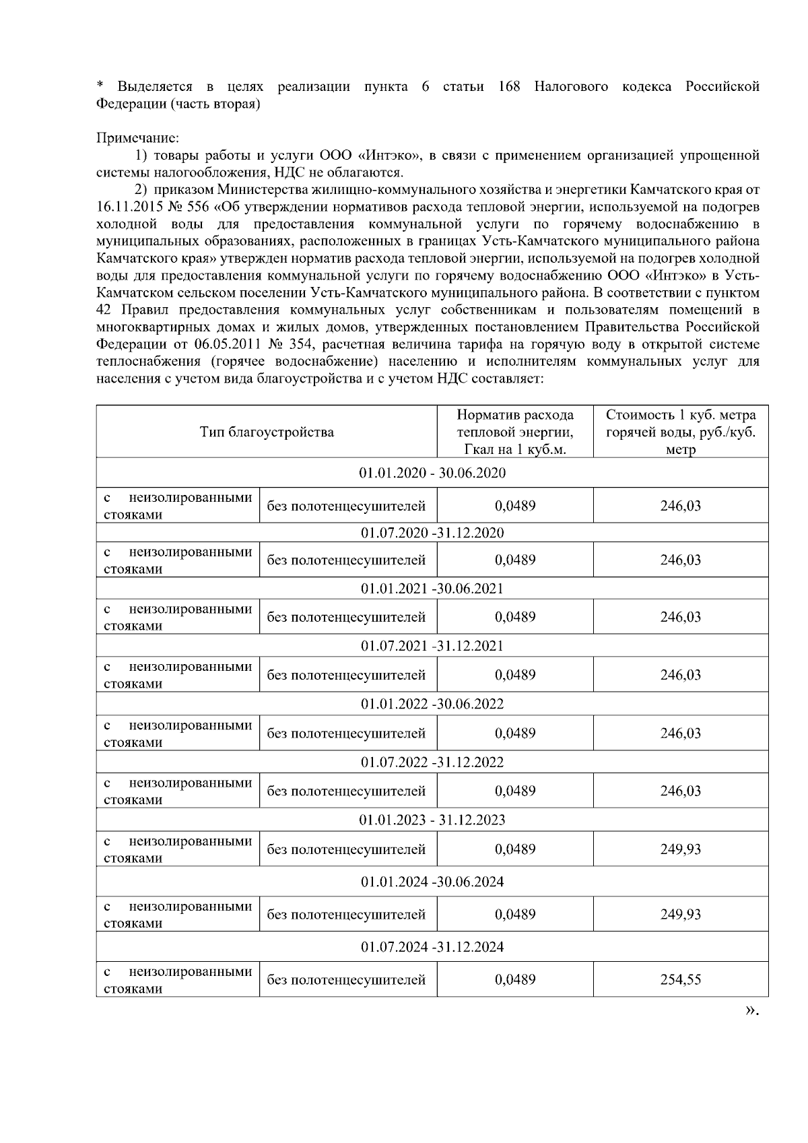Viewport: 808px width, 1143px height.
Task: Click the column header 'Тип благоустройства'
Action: [267, 432]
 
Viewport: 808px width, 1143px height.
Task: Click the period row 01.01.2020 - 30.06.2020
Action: [432, 473]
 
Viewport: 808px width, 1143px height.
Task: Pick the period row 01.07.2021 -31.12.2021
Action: [432, 646]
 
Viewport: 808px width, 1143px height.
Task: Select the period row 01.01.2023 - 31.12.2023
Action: [432, 820]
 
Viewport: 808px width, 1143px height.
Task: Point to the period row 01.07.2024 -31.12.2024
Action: [432, 947]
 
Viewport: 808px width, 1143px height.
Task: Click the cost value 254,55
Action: [681, 979]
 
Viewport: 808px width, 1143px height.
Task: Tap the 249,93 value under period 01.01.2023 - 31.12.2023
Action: [681, 849]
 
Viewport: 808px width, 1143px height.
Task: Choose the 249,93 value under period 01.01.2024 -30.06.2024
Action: [681, 914]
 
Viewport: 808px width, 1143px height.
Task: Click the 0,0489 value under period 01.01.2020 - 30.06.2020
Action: [515, 505]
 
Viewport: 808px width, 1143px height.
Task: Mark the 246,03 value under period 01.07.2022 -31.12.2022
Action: [681, 791]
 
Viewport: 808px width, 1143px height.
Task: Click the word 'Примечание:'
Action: [138, 138]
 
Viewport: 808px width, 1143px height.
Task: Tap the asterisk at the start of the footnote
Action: [100, 86]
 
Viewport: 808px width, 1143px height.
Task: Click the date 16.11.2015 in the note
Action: [129, 207]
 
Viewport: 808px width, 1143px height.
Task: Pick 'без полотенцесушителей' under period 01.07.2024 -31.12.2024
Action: [346, 980]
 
